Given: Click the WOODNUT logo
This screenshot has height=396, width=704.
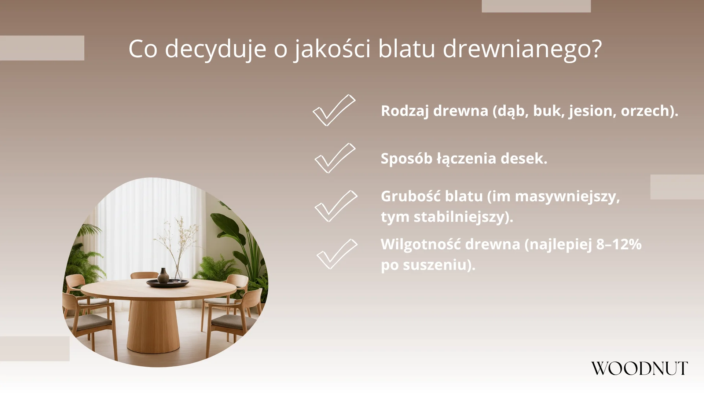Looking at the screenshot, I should click(639, 368).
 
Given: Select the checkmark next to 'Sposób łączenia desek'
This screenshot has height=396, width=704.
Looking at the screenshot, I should click(335, 158).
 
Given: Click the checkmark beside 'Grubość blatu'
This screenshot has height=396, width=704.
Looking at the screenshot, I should click(335, 206).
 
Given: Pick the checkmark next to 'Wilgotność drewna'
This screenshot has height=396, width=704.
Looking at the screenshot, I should click(337, 254).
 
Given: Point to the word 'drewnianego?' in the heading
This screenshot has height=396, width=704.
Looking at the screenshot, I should click(522, 49).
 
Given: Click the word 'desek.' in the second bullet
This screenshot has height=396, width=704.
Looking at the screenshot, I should click(524, 158).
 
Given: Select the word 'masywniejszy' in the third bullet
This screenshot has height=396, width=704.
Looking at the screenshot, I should click(567, 197).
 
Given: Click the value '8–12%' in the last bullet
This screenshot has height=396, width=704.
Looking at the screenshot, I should click(619, 244).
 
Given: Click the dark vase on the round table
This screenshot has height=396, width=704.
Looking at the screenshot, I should click(163, 275).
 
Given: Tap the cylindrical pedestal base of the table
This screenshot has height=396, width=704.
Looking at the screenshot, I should click(153, 326).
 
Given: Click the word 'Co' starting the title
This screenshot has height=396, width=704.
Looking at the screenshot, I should click(143, 49).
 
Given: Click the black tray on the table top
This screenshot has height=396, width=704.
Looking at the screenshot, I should click(168, 283).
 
